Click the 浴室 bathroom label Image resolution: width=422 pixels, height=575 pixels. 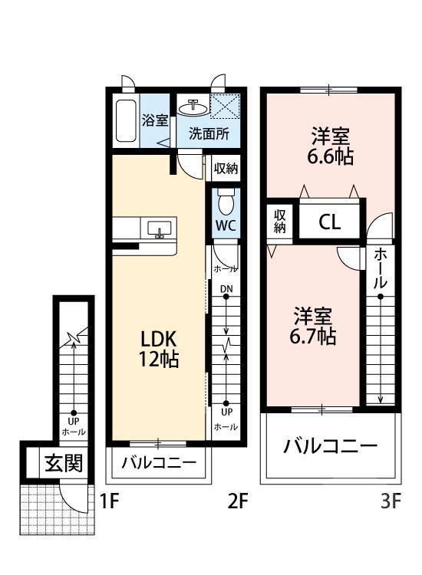click(156, 120)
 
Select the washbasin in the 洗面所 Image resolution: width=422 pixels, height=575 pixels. click(193, 105)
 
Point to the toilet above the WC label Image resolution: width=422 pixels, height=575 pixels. click(226, 203)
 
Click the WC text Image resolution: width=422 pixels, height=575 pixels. click(226, 227)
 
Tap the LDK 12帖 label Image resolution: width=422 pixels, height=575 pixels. click(159, 348)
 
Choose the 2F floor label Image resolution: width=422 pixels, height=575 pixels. click(237, 502)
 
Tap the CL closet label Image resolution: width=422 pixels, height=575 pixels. click(329, 223)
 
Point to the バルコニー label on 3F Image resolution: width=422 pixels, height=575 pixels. click(329, 447)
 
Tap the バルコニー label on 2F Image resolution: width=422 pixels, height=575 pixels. click(159, 464)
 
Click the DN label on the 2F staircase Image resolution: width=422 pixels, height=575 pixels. click(226, 289)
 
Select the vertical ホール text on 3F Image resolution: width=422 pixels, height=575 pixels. click(381, 271)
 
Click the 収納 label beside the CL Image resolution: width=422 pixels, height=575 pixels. click(280, 221)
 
